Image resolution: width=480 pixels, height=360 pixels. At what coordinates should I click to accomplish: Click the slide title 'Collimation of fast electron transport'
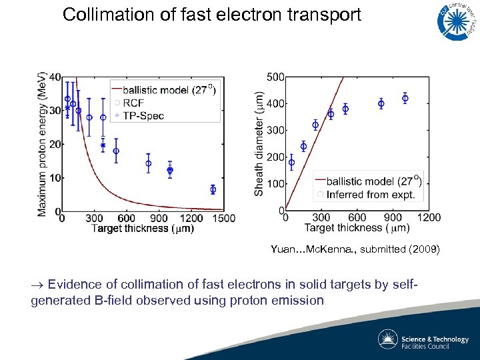(x=211, y=15)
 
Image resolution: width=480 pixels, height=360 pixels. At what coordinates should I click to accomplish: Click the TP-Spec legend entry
(x=147, y=115)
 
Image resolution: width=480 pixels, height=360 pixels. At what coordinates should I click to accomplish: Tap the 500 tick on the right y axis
(x=275, y=77)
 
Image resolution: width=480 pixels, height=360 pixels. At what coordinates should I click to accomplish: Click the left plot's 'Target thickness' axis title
(x=143, y=229)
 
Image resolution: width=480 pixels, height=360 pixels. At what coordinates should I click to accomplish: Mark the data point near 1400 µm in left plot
(x=213, y=189)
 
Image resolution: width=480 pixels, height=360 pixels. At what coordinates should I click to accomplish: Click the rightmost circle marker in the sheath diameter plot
(x=405, y=99)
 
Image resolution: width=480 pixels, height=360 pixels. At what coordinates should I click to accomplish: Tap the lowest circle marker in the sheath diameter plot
(x=291, y=162)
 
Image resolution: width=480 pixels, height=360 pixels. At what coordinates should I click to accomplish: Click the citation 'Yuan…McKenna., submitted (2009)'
(x=355, y=249)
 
